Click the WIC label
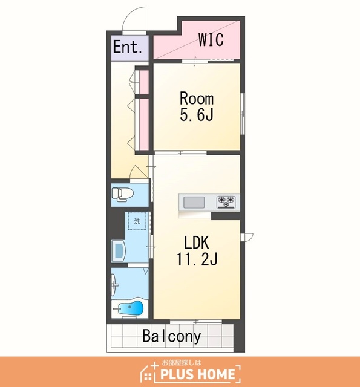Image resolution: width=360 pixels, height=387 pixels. click(x=211, y=39)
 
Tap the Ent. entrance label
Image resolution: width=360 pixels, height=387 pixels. click(x=128, y=47)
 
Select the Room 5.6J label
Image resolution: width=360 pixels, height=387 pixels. click(x=197, y=106)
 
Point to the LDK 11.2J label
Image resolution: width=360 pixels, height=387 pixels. click(x=197, y=250)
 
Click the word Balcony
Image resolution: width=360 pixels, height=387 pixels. click(x=172, y=336)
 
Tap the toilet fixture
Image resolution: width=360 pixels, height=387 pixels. click(x=122, y=194)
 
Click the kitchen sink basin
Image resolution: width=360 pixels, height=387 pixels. click(x=194, y=203)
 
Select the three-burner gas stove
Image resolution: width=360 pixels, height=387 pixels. click(x=226, y=202)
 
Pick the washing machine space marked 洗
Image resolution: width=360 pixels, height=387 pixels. click(x=137, y=221)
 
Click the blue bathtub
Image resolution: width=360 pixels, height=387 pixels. click(x=131, y=308)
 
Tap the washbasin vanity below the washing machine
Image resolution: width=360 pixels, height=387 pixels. click(x=119, y=250)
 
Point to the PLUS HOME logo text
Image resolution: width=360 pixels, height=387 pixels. click(x=197, y=374)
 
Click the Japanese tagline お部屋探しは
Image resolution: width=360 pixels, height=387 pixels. click(x=182, y=363)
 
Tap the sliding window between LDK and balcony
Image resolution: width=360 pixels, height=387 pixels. click(x=196, y=321)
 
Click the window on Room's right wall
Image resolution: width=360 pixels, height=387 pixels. click(x=243, y=114)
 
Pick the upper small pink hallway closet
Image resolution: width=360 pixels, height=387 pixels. click(x=144, y=82)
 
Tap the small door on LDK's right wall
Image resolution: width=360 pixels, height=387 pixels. click(x=247, y=236)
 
